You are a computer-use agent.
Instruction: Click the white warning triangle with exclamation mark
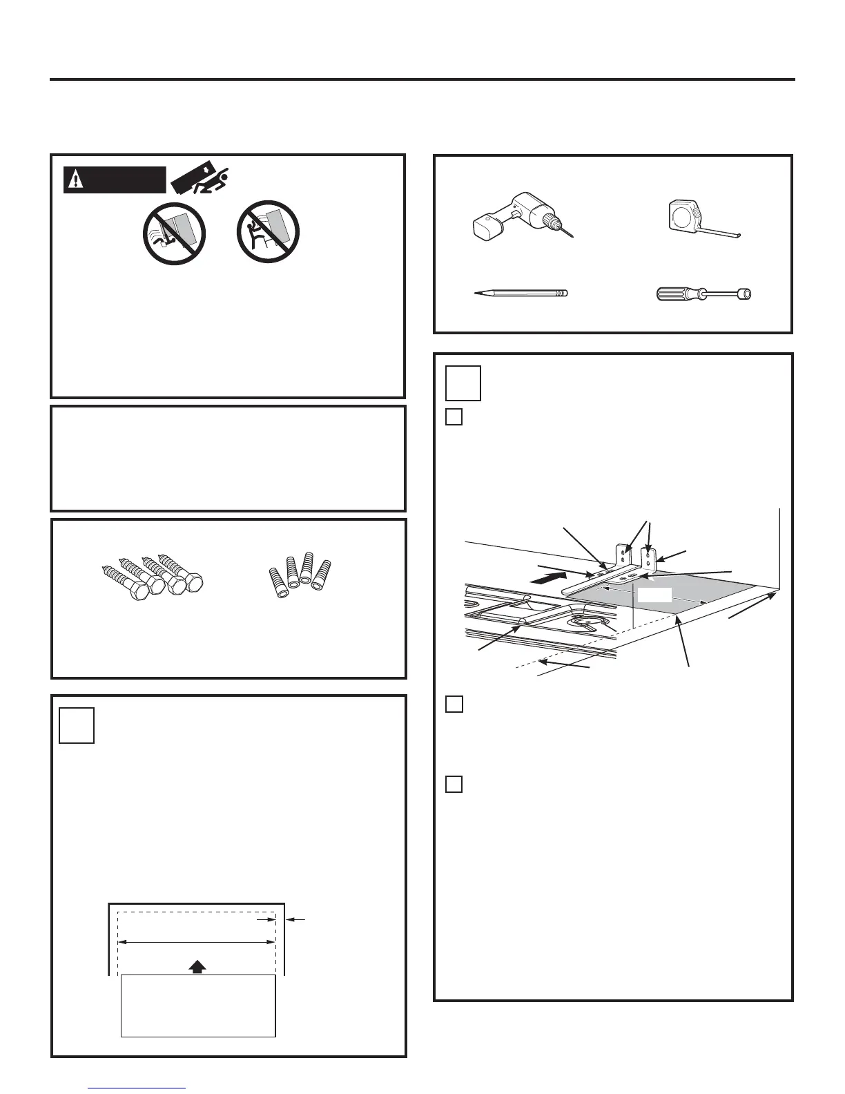coord(74,180)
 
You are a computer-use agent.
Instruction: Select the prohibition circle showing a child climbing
coord(267,232)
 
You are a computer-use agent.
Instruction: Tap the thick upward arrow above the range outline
coord(197,966)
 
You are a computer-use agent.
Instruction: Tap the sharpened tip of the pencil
coord(478,294)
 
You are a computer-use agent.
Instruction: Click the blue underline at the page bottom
coord(138,1088)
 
